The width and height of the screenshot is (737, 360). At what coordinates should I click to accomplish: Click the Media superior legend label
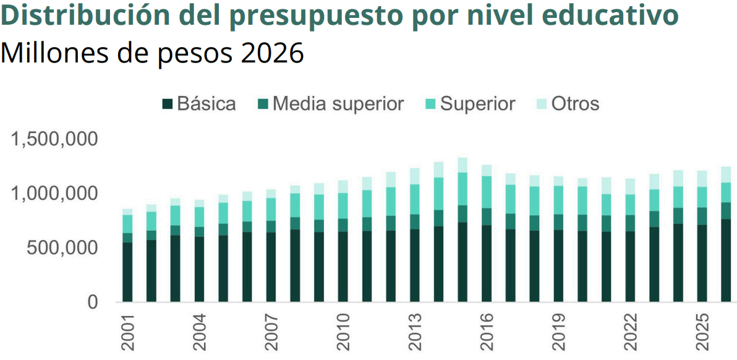pyautogui.click(x=338, y=104)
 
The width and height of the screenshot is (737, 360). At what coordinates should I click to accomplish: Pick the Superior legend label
pyautogui.click(x=477, y=104)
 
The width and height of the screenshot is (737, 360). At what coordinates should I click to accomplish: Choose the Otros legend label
pyautogui.click(x=575, y=104)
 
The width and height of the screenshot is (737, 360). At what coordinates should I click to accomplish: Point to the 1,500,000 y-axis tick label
pyautogui.click(x=54, y=139)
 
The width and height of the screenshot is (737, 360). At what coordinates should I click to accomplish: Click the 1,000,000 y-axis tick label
pyautogui.click(x=54, y=194)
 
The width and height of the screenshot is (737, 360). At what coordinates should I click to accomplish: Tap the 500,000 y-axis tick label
pyautogui.click(x=62, y=248)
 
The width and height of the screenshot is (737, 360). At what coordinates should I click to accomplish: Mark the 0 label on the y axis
pyautogui.click(x=92, y=302)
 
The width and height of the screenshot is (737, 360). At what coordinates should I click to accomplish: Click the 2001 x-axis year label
pyautogui.click(x=127, y=333)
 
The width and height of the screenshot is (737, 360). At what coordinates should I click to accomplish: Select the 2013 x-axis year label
pyautogui.click(x=414, y=333)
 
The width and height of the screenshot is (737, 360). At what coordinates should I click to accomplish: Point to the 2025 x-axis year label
pyautogui.click(x=701, y=333)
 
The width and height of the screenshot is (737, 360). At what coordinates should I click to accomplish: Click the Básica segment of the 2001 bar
pyautogui.click(x=127, y=272)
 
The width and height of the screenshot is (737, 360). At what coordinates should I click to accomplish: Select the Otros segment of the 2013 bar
pyautogui.click(x=414, y=176)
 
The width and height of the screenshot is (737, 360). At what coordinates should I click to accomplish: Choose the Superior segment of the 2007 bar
pyautogui.click(x=271, y=209)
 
